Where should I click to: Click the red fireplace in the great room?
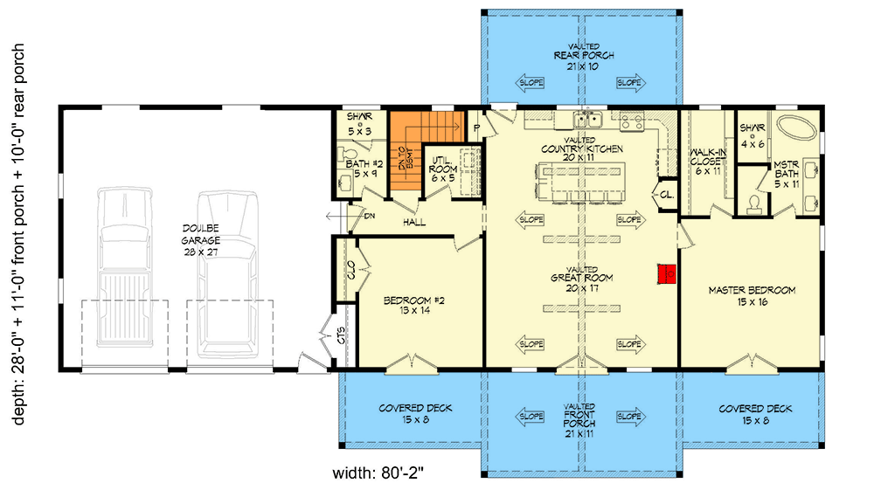667,274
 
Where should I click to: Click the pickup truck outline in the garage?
124,271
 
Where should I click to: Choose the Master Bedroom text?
752,296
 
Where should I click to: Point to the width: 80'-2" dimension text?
378,474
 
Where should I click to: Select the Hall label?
414,223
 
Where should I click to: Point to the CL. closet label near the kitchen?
665,193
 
